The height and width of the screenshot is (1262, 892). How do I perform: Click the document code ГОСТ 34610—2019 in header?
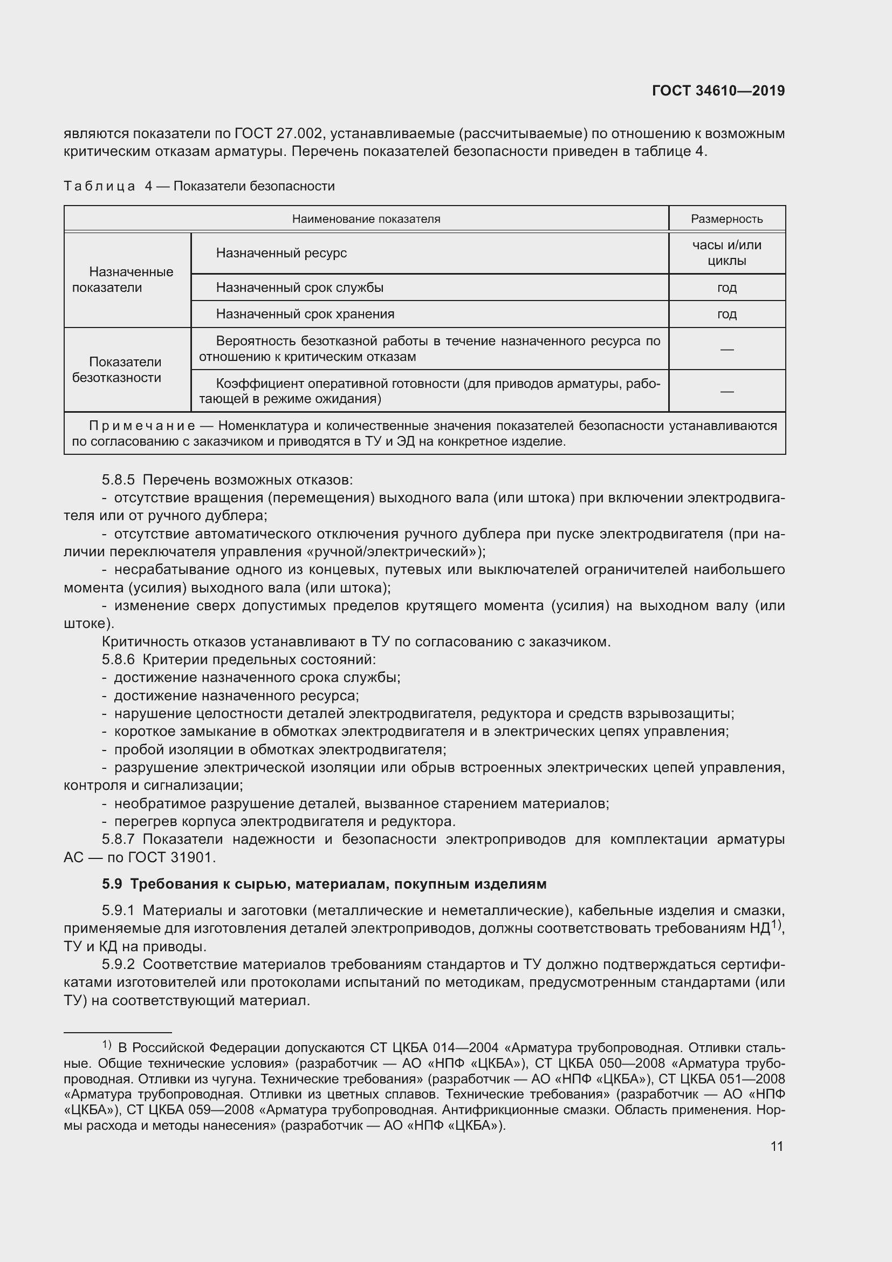718,91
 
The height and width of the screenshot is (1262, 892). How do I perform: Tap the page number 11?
776,1146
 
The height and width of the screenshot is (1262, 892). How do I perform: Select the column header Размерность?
726,219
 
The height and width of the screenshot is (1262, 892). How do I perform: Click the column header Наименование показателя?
366,219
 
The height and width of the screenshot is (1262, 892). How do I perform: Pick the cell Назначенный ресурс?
281,253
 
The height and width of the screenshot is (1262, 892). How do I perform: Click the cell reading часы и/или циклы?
726,253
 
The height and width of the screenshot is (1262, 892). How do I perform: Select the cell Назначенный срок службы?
299,288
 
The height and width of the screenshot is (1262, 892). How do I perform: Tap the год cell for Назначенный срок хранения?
726,314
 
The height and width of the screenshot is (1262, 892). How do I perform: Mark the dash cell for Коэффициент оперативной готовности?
726,391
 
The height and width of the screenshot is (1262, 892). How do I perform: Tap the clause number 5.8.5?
118,480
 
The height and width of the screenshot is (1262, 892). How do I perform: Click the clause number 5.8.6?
118,659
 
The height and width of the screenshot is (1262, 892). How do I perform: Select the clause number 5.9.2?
118,965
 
